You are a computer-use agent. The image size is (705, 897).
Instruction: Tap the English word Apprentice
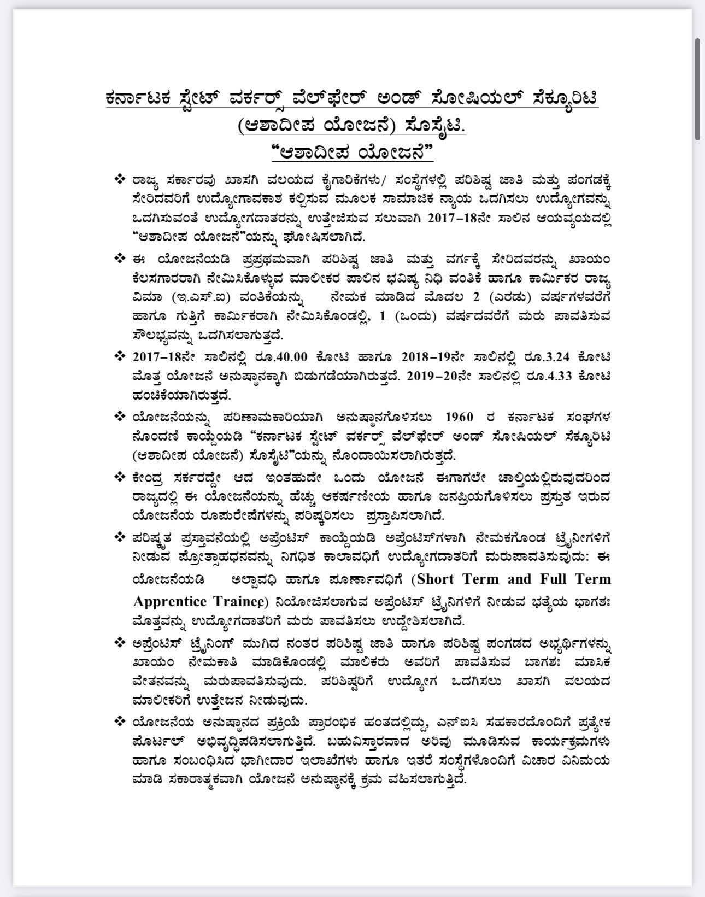click(170, 602)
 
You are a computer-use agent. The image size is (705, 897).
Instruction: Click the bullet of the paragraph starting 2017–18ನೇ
click(119, 356)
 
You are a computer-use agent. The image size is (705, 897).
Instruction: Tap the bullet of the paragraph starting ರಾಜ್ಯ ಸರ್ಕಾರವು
click(119, 179)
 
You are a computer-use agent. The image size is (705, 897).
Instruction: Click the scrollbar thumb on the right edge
click(697, 90)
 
